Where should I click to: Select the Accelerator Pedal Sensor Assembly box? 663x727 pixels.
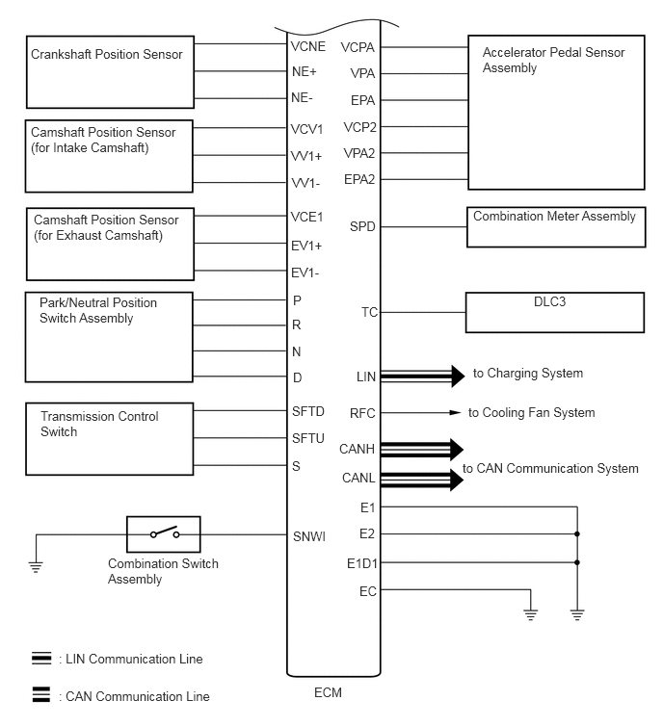pos(555,112)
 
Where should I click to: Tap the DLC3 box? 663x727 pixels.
pos(555,312)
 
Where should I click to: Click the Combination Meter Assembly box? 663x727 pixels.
pos(555,228)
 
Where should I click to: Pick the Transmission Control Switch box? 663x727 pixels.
pos(107,439)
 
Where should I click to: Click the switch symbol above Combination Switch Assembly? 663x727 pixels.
pos(164,533)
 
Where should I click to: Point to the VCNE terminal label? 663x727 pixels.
pos(308,45)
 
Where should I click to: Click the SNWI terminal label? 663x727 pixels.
pos(308,536)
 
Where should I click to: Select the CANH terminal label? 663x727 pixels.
pos(358,449)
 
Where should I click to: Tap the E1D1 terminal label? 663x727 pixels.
pos(361,562)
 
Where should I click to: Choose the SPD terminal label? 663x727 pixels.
pos(363,227)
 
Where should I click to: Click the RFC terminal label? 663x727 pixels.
pos(362,413)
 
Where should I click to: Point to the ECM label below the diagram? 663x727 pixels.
pos(328,692)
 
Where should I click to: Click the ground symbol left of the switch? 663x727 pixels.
pos(37,565)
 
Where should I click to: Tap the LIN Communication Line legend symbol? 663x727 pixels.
pos(41,659)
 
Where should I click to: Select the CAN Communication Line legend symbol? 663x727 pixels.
pos(41,695)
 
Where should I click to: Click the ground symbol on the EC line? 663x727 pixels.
pos(529,612)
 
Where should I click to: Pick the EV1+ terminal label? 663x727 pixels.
pos(306,246)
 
